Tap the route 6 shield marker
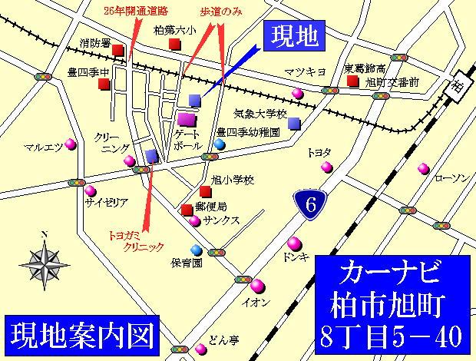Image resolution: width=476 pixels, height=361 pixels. (x=310, y=205)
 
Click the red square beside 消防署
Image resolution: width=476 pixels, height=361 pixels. (x=117, y=51)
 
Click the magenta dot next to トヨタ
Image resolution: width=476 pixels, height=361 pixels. (x=326, y=167)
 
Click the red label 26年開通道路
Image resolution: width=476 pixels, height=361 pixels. (x=137, y=12)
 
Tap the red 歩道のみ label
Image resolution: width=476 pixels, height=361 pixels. (x=221, y=12)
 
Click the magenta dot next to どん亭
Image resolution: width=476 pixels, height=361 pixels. (x=200, y=349)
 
